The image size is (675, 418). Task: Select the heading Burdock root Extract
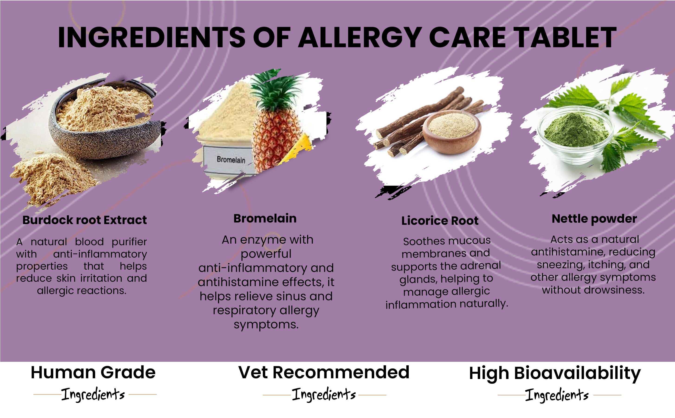point(84,220)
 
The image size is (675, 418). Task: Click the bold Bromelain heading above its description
point(265,218)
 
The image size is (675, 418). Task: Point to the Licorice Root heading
point(440,221)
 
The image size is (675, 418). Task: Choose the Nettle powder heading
point(594,219)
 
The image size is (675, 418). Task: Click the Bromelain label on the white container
point(231,160)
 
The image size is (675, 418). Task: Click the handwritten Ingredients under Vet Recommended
point(324,395)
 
